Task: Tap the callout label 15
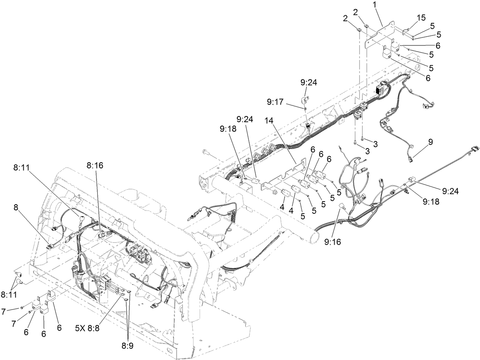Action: [x=421, y=18]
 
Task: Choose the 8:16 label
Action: [x=94, y=166]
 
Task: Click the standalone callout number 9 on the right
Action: [x=430, y=141]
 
